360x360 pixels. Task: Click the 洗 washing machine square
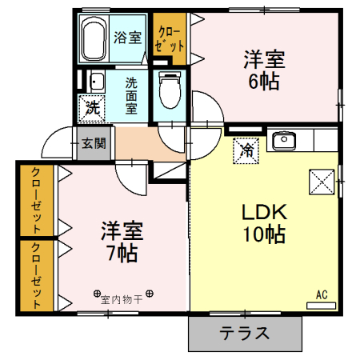pos(92,106)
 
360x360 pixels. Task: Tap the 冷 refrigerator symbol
pos(247,149)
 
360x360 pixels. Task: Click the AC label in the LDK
pos(322,296)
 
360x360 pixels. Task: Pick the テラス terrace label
pos(245,334)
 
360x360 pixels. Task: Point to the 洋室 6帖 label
pos(263,70)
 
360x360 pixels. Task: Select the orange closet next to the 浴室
pos(171,38)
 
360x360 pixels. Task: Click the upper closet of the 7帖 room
pos(36,200)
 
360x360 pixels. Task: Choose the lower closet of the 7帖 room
pos(36,274)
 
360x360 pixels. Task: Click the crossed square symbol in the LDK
pos(322,182)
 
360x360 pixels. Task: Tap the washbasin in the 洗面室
pos(95,81)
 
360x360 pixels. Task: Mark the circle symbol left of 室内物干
pos(96,294)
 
